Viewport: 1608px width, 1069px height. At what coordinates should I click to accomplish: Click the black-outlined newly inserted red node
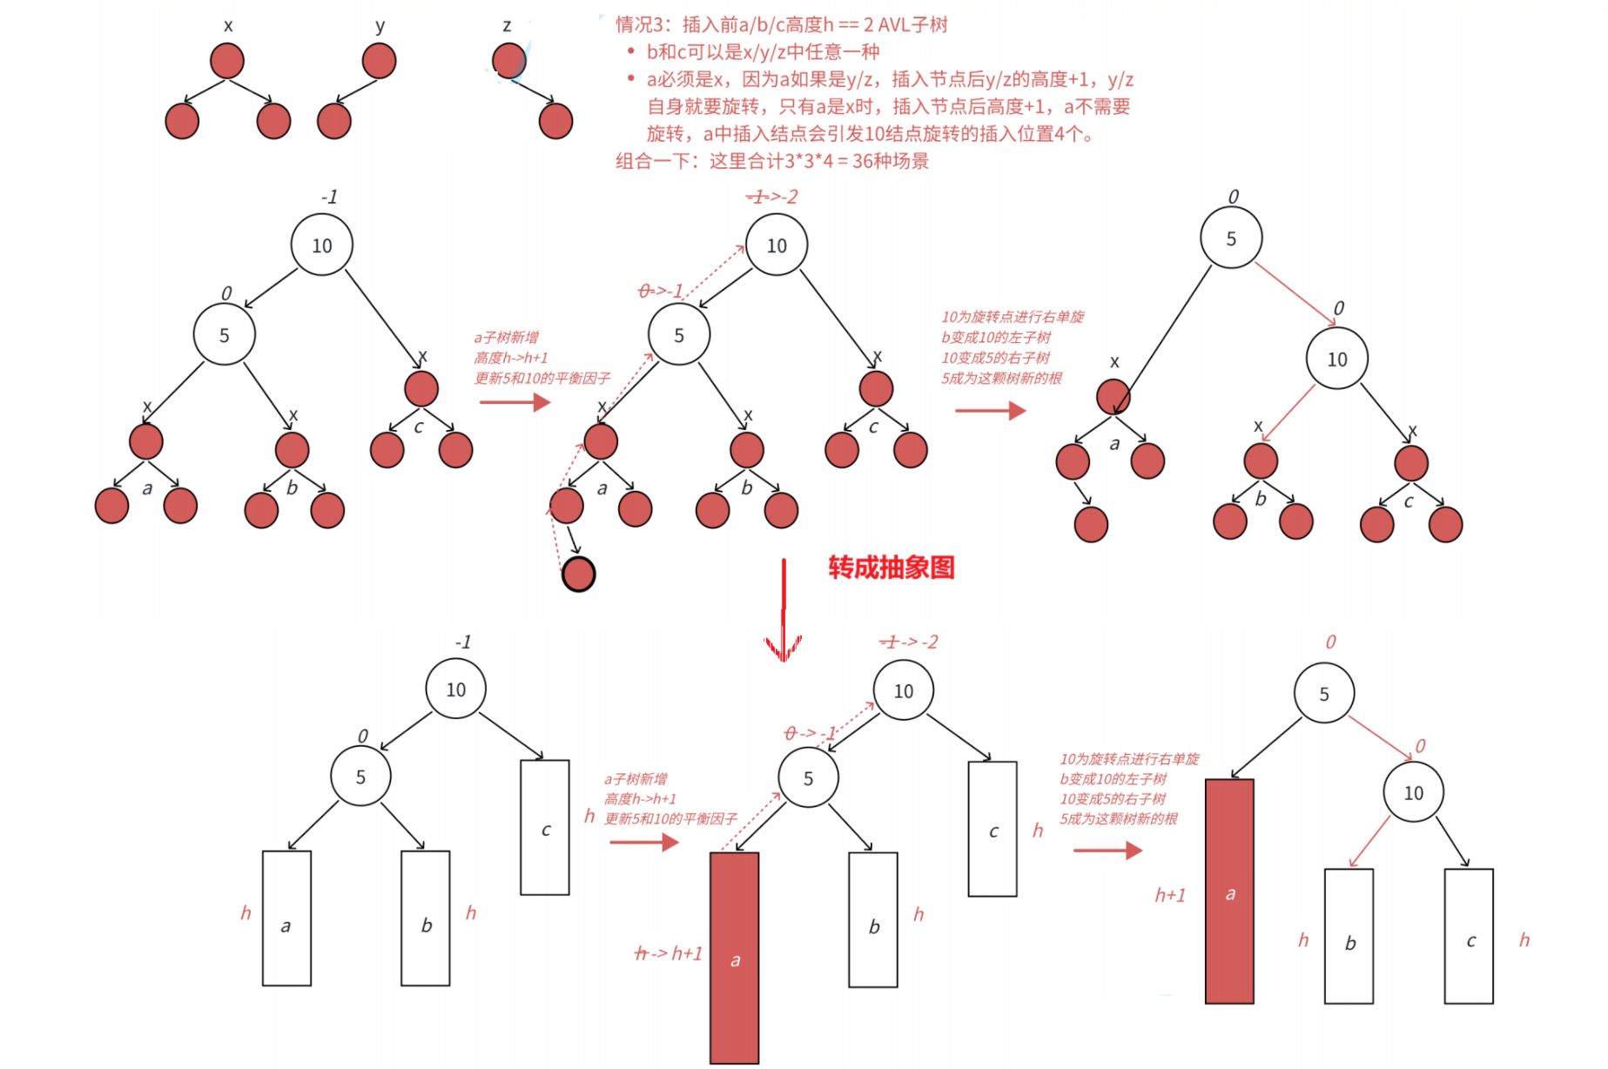click(578, 575)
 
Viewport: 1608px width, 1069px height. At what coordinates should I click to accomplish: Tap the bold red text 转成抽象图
click(891, 568)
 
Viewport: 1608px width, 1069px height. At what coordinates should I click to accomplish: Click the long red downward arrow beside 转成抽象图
click(784, 609)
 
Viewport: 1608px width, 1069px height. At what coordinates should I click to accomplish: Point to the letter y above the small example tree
click(380, 25)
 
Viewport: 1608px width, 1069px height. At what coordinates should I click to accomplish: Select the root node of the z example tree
click(509, 60)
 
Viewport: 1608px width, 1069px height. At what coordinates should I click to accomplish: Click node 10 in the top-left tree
click(321, 245)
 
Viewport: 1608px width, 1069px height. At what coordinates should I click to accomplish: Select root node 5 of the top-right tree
click(1230, 239)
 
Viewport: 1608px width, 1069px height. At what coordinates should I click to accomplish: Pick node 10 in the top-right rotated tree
click(1336, 359)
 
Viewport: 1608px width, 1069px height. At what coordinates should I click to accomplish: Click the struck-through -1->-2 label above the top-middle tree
click(771, 197)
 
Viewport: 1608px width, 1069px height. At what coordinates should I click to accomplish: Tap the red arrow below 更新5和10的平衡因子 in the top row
click(515, 402)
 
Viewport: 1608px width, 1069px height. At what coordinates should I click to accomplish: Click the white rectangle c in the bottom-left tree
click(545, 828)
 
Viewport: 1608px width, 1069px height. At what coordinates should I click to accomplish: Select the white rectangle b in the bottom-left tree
click(426, 918)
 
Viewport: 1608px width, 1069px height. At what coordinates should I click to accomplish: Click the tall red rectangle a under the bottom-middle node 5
click(734, 958)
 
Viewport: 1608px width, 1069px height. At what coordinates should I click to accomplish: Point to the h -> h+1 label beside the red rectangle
click(668, 953)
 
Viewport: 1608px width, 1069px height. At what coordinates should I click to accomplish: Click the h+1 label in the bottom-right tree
click(1169, 895)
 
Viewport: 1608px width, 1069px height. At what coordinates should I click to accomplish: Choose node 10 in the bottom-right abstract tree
click(1413, 793)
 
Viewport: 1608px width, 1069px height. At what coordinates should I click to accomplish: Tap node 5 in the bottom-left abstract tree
click(360, 777)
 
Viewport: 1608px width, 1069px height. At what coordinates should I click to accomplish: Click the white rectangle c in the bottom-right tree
click(1469, 937)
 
